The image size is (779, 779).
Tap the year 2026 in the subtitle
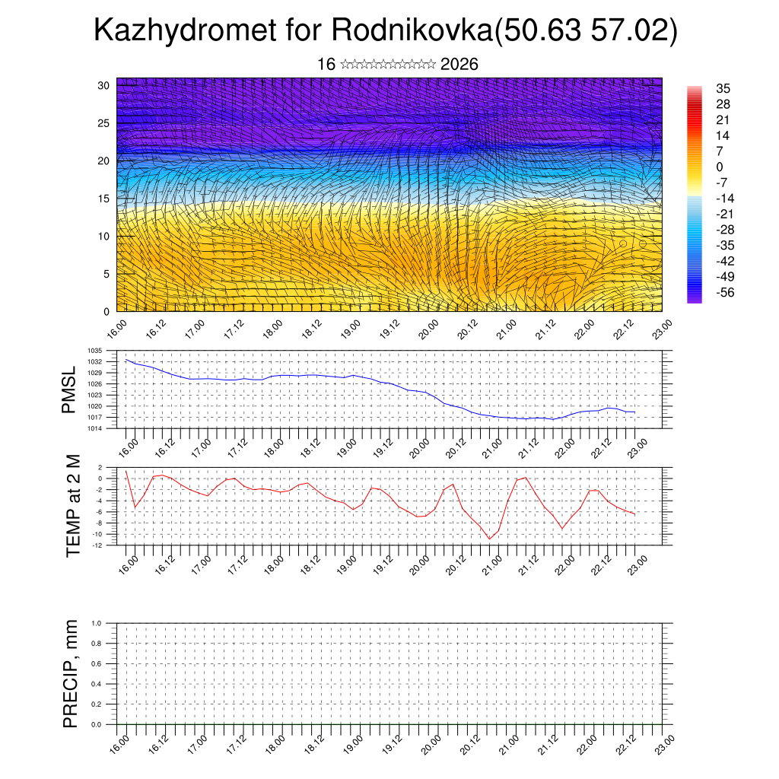459,65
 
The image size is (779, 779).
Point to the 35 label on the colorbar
723,89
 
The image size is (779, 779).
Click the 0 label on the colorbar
720,167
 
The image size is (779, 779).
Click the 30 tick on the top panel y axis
104,85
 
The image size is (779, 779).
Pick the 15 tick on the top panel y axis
104,199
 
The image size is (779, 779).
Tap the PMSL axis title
69,389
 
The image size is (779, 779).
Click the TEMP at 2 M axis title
73,505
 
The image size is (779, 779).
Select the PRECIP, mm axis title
71,673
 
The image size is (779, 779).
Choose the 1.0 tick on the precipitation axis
107,623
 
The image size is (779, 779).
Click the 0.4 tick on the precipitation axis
107,684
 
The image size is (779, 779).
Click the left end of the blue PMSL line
126,360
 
